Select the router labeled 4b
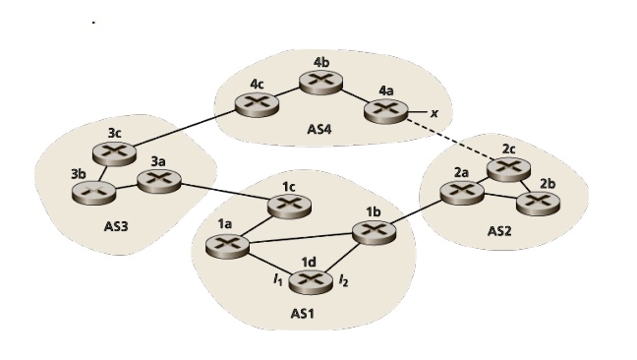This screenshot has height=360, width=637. point(320,83)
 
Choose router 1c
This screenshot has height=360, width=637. point(289,205)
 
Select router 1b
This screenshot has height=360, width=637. point(373,232)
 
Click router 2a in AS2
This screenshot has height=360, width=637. point(460,191)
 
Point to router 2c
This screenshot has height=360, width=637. point(509,167)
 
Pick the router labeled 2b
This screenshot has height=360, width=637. point(536,202)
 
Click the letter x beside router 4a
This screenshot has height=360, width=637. point(434,113)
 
